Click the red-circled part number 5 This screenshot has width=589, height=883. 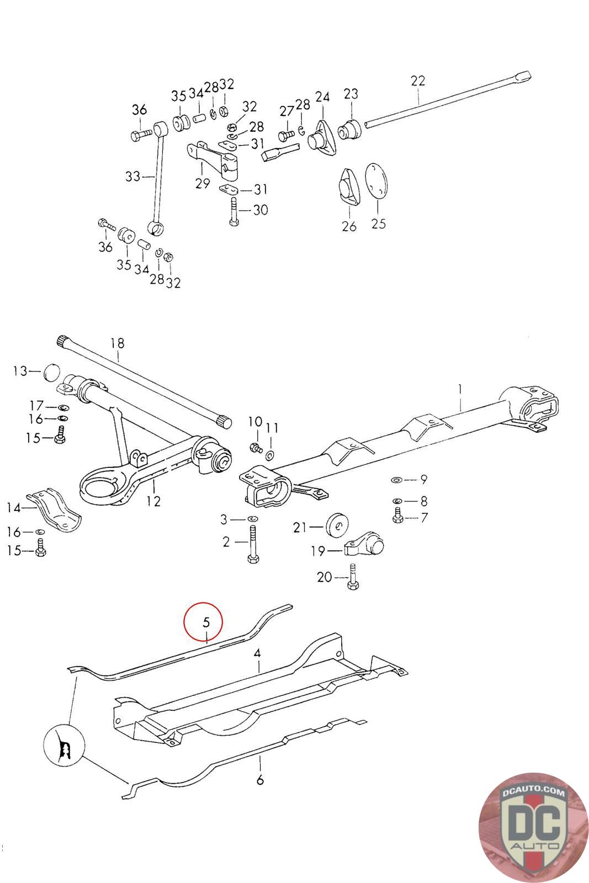(x=205, y=622)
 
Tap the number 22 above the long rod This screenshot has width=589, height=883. (x=418, y=81)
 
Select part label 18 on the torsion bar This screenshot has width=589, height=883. (x=118, y=343)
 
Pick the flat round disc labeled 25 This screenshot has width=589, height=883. (x=378, y=179)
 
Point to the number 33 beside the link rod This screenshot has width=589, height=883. (x=132, y=177)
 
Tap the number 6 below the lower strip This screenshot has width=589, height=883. (x=260, y=780)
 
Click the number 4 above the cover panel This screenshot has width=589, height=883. (x=257, y=653)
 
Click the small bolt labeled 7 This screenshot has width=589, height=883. (x=397, y=517)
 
